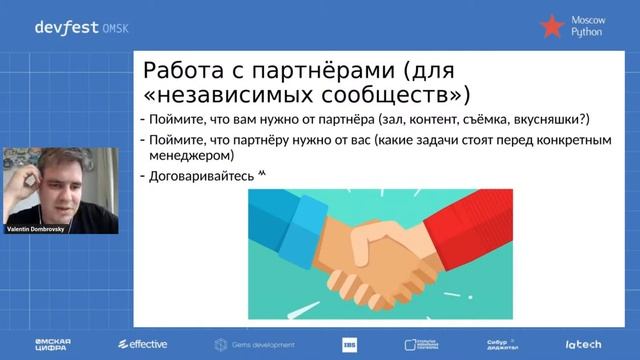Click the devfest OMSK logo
pos(75,28)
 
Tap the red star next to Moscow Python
pos(551,27)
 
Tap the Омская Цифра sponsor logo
pos(51,344)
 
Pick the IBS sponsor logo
pos(349,344)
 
